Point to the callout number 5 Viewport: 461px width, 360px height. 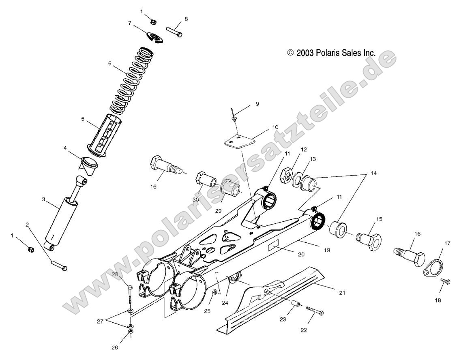point(82,120)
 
